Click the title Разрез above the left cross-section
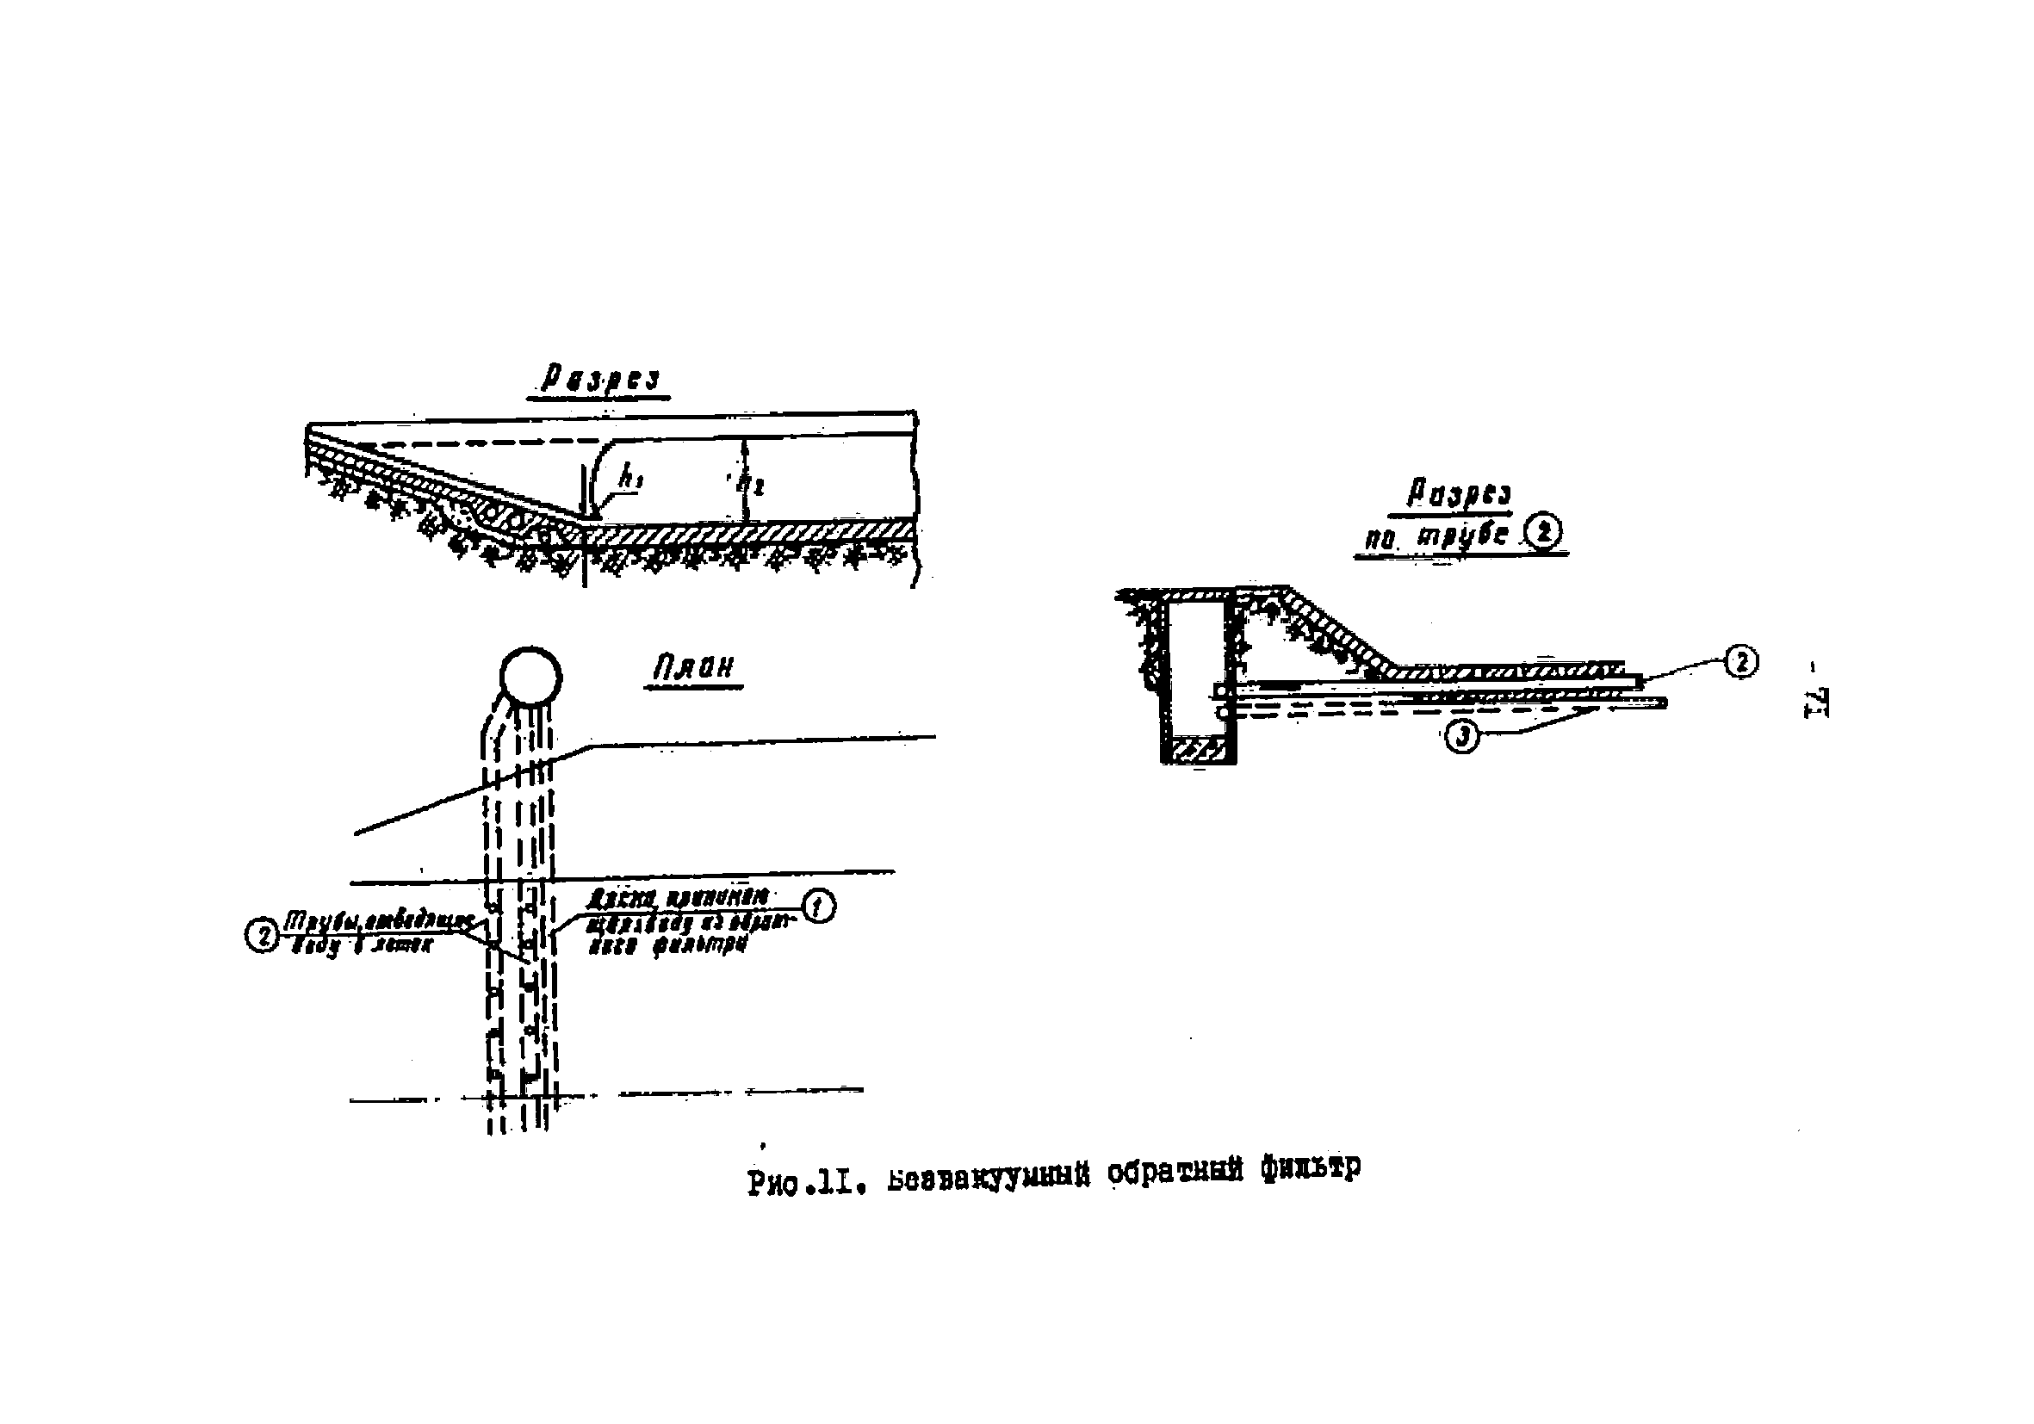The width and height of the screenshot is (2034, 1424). pos(599,380)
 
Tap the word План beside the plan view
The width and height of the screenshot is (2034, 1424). pos(694,668)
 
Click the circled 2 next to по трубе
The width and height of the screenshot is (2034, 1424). pos(1543,533)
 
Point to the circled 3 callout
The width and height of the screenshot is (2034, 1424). pos(1461,737)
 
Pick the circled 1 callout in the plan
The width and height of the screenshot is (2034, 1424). pos(818,906)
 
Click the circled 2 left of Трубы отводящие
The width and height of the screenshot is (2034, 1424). pos(261,935)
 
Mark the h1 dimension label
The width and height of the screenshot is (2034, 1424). pos(630,479)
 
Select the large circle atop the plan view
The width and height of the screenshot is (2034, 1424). pos(530,677)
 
